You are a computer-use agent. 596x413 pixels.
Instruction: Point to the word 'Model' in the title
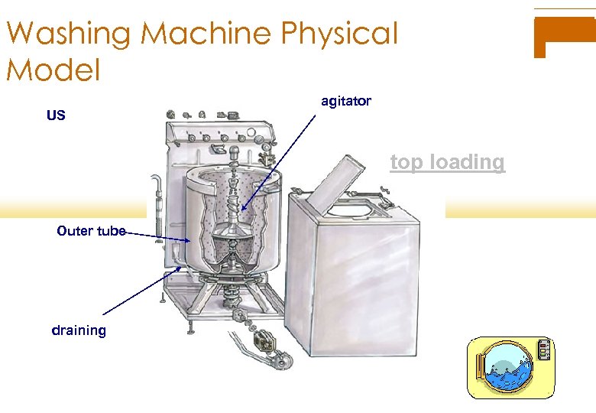[53, 70]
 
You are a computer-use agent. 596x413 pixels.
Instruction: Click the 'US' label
[56, 116]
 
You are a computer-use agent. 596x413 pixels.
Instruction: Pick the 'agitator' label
[346, 101]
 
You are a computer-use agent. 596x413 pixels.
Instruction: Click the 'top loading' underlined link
[447, 162]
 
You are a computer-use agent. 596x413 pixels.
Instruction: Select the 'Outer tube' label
[91, 230]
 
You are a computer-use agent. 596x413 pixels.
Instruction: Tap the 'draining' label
[79, 330]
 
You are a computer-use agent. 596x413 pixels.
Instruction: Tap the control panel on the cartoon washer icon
[543, 350]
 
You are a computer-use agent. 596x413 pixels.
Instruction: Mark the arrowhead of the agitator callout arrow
[244, 209]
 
